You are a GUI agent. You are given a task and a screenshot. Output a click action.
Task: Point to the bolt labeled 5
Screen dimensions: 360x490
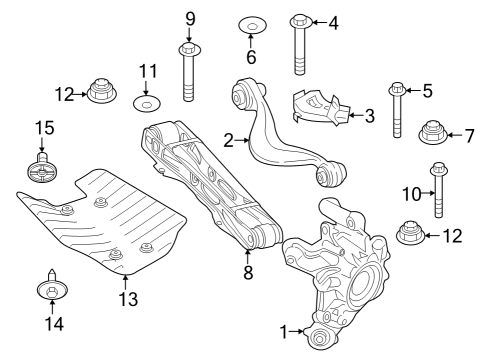click(399, 110)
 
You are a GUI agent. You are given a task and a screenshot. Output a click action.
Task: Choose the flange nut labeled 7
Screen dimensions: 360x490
click(434, 132)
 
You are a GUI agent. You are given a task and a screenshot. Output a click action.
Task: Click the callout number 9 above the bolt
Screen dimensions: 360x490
click(190, 17)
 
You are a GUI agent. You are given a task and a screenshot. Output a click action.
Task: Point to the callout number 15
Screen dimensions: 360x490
click(44, 128)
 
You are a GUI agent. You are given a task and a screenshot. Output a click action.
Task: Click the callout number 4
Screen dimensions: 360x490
click(334, 21)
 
